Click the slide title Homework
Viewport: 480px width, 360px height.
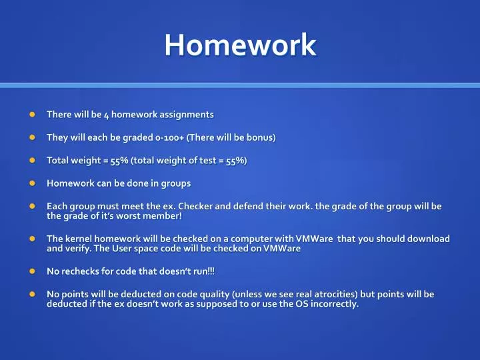[240, 45]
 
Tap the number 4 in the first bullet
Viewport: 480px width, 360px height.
[106, 115]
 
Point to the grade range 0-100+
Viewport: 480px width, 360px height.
[169, 137]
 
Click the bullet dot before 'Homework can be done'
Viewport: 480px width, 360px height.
[31, 183]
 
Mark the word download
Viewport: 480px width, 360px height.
[430, 239]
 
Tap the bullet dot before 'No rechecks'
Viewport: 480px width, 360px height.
[31, 271]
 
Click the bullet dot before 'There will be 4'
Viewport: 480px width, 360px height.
[31, 115]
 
